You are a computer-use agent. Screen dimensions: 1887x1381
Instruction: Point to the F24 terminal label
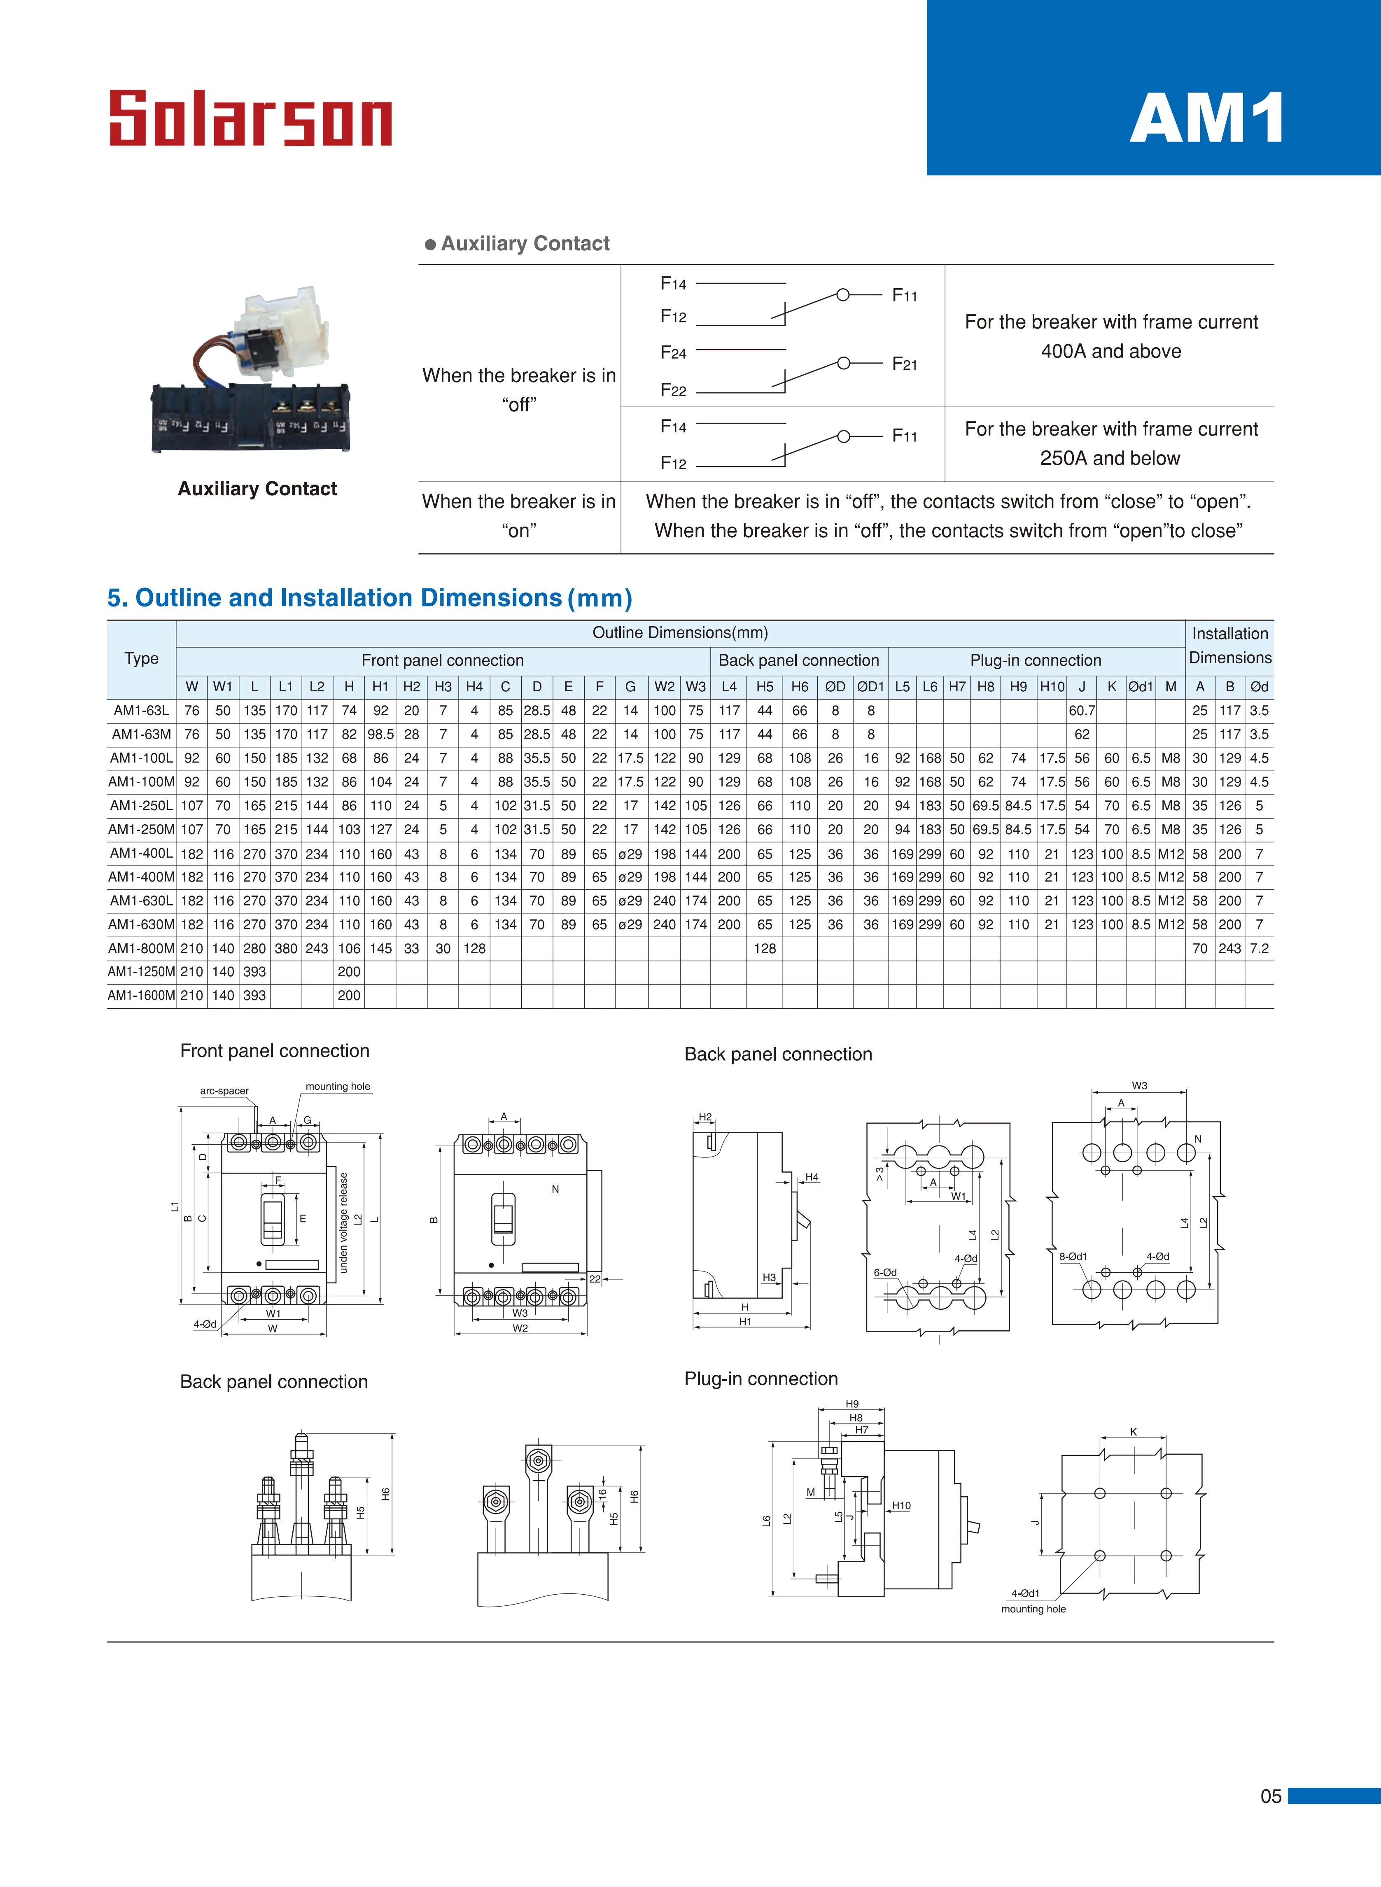click(673, 353)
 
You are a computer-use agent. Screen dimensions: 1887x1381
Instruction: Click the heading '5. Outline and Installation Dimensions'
click(369, 598)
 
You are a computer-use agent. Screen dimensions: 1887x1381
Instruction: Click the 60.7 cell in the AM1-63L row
click(1082, 710)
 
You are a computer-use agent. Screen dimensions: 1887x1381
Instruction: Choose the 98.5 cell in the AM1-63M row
click(380, 735)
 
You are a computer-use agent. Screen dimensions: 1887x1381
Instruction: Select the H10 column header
click(1052, 687)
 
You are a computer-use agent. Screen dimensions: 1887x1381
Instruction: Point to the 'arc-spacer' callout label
click(224, 1091)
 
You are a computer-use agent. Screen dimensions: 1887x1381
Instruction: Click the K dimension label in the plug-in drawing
click(1134, 1432)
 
